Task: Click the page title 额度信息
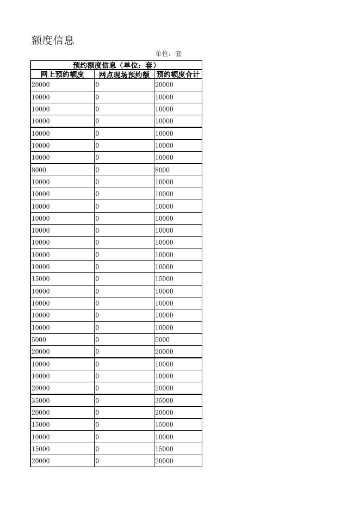point(53,40)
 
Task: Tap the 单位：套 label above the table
point(168,54)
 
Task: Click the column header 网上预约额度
point(63,75)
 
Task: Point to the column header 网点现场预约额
point(124,75)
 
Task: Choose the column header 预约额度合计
point(178,75)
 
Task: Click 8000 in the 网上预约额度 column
point(39,170)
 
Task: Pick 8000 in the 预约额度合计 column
point(162,170)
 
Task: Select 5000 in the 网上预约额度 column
point(39,340)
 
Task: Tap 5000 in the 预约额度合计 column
point(162,340)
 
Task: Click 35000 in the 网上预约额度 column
point(40,400)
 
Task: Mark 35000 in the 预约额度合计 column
point(164,400)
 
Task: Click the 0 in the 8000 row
point(97,170)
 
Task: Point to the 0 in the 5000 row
point(97,340)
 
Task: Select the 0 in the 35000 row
point(97,400)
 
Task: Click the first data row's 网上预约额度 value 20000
point(40,85)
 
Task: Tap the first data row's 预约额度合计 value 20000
point(164,85)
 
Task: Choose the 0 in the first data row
point(97,85)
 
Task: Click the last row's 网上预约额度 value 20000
point(40,461)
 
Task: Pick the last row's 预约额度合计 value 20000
point(164,461)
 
